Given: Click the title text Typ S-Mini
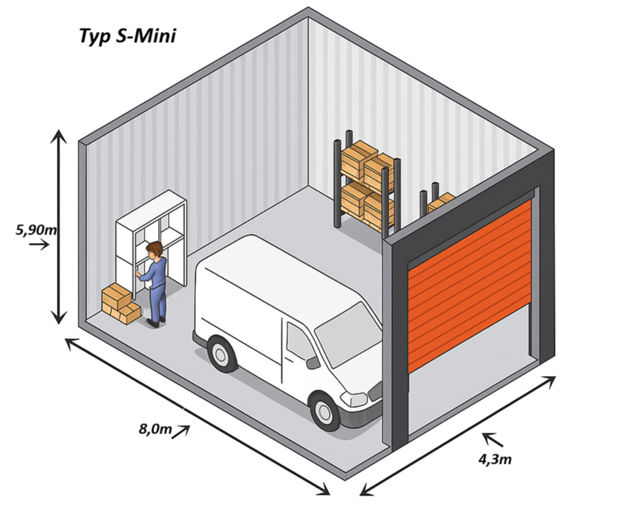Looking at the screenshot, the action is (x=128, y=35).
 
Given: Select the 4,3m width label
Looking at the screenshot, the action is (x=495, y=458).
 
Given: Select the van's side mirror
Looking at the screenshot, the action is (x=312, y=362).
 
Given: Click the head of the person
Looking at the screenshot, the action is (x=155, y=250).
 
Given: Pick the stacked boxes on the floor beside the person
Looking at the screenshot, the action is (x=119, y=303).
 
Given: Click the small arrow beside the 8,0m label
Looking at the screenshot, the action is (x=180, y=431).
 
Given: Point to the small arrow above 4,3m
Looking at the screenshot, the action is (x=490, y=438).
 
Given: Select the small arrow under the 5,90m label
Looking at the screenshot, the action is (x=40, y=244).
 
